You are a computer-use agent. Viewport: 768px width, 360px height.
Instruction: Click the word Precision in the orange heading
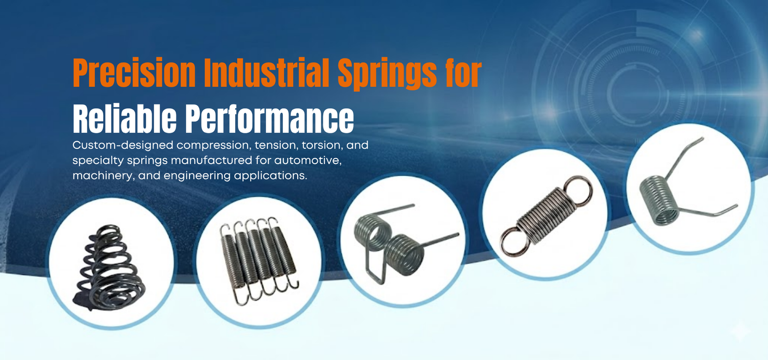point(134,73)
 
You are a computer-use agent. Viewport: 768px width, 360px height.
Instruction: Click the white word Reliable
point(124,118)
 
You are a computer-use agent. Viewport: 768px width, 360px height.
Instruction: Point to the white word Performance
point(269,118)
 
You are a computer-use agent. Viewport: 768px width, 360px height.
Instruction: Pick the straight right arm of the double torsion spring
point(440,240)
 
